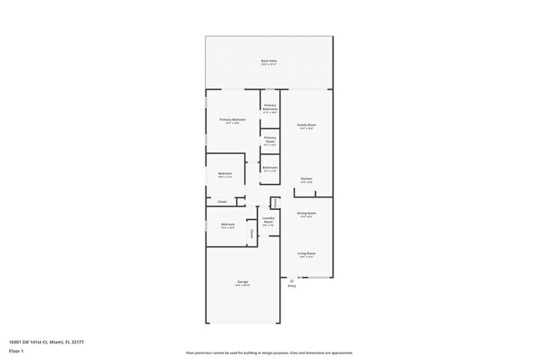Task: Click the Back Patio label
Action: (x=269, y=61)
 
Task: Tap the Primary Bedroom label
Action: (x=234, y=119)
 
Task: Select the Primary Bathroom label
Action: (x=270, y=107)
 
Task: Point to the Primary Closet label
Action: (x=270, y=140)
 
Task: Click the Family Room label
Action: (x=306, y=124)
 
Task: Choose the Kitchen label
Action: (x=306, y=178)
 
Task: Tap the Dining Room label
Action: (x=306, y=213)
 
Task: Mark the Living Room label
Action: (x=306, y=253)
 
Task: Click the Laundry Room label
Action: (x=268, y=220)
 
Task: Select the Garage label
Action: (x=243, y=282)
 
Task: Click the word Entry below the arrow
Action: (x=291, y=286)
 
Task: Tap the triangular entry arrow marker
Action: (x=291, y=280)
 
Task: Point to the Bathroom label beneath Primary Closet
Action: (x=270, y=167)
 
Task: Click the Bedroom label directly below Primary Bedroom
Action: (x=225, y=173)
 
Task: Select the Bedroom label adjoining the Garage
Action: (x=227, y=224)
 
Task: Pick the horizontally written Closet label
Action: (x=222, y=202)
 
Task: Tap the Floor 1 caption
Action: (x=17, y=352)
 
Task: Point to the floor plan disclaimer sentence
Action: (x=269, y=353)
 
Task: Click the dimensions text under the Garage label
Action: (x=243, y=286)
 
